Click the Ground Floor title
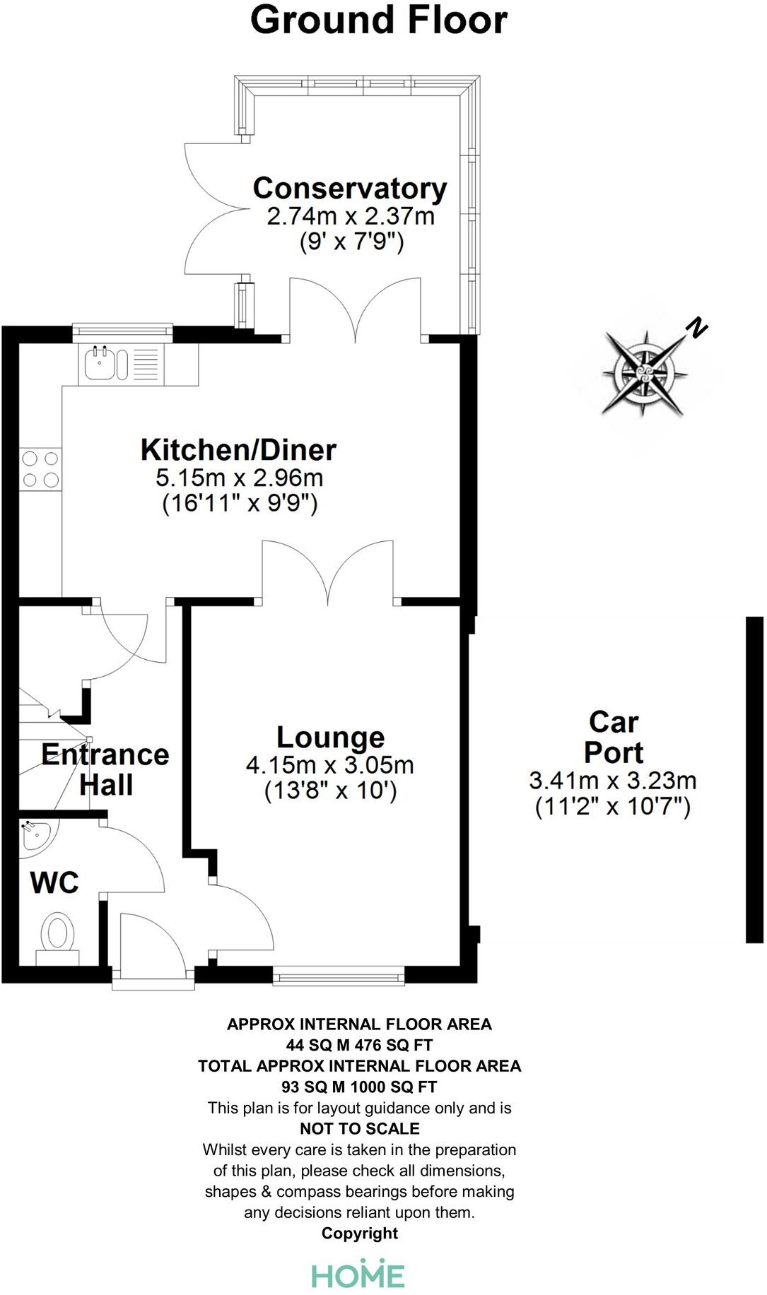pos(379,20)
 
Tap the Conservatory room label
pos(350,189)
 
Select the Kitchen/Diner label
pos(238,450)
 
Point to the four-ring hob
pos(40,469)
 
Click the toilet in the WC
pos(58,933)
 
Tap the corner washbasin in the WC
pos(34,834)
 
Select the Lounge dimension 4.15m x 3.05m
pos(329,765)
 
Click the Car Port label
pos(613,737)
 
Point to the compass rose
pos(645,372)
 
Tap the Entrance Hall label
pos(105,769)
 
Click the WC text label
pos(54,882)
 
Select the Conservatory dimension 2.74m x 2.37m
pos(350,216)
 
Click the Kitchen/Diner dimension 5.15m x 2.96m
pos(239,478)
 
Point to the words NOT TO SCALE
pos(360,1128)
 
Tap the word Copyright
pos(360,1233)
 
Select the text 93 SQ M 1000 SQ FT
pos(360,1087)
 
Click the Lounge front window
pos(339,978)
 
